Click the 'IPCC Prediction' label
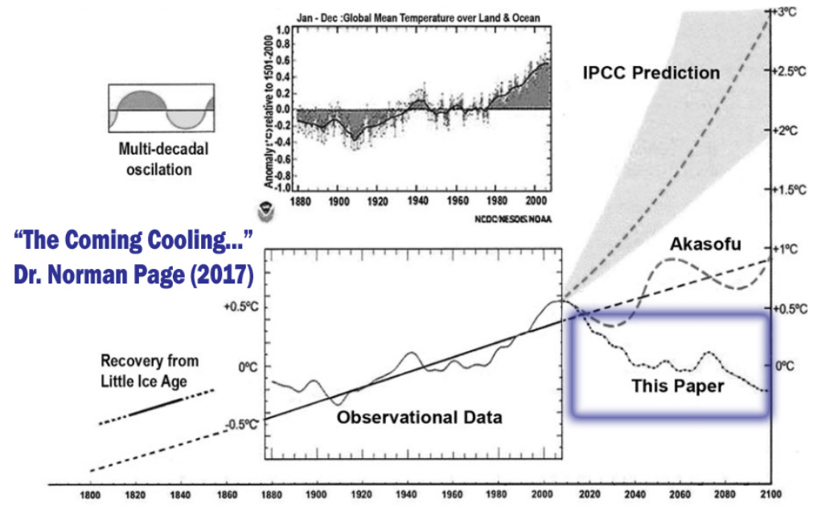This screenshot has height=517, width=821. [x=651, y=73]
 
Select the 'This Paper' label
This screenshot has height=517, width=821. [x=677, y=387]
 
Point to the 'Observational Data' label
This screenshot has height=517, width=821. [x=419, y=418]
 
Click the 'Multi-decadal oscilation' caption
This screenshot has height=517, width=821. [x=156, y=159]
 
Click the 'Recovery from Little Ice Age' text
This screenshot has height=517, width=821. [x=150, y=368]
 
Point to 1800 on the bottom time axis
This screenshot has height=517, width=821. [x=89, y=494]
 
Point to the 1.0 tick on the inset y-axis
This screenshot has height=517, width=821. [x=283, y=30]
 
